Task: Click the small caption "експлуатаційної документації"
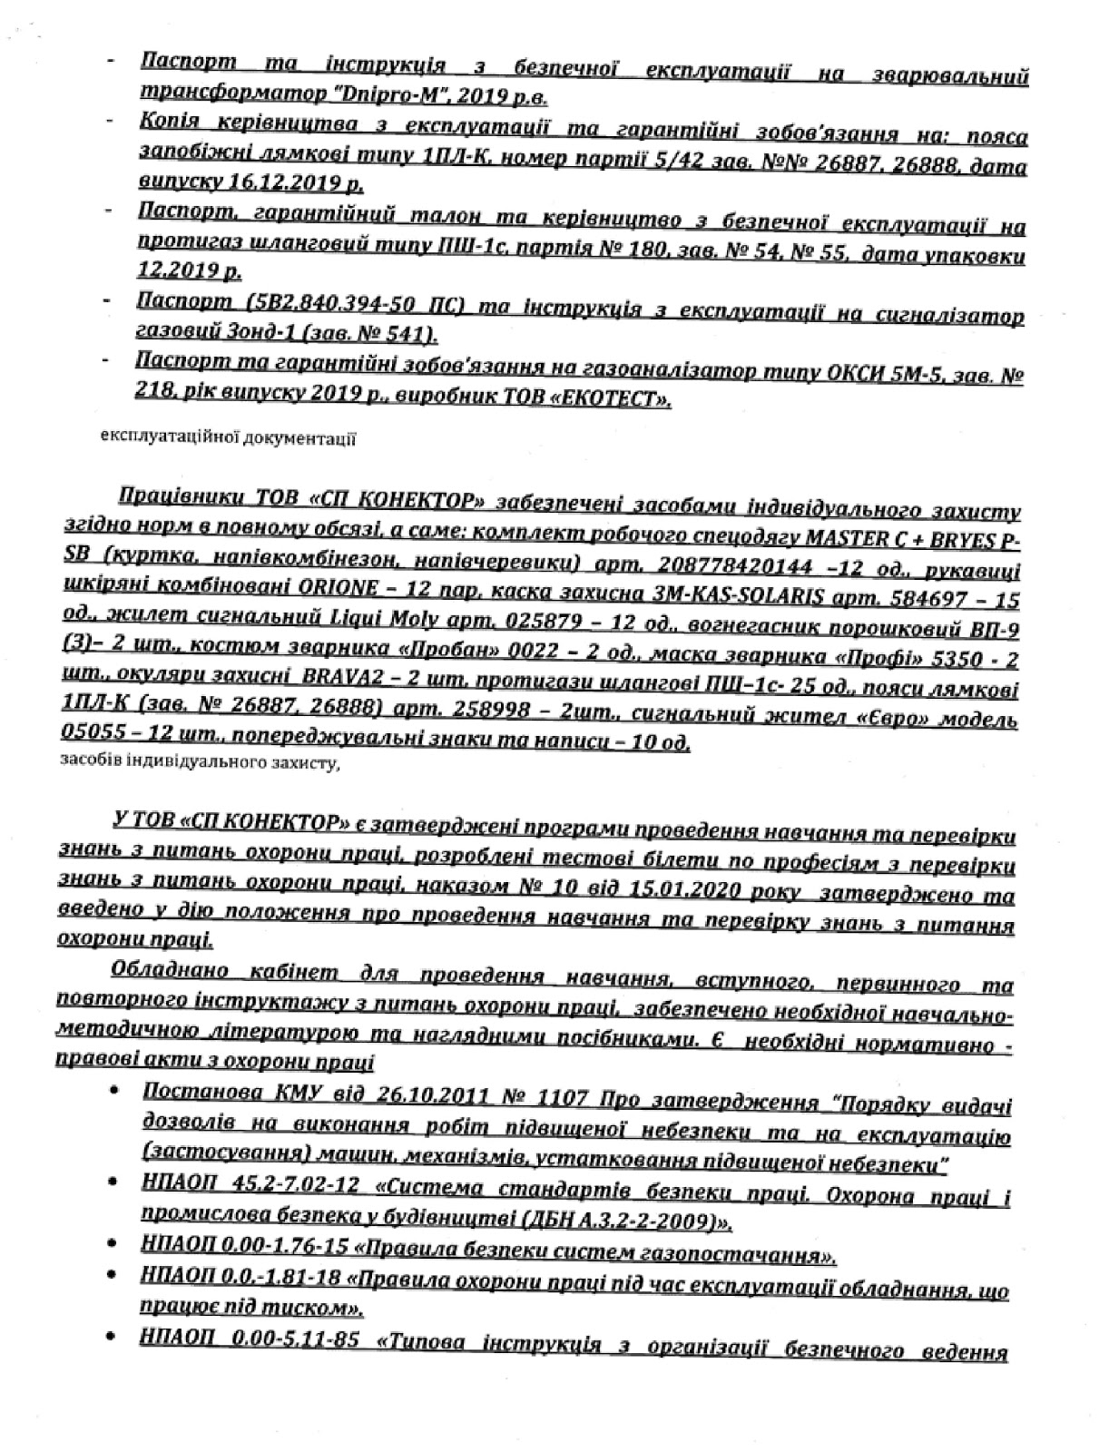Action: tap(226, 440)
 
